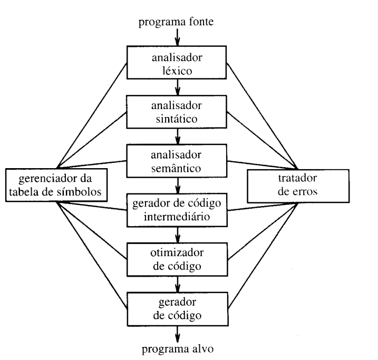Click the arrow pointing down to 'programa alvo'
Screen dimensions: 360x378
click(x=178, y=332)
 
